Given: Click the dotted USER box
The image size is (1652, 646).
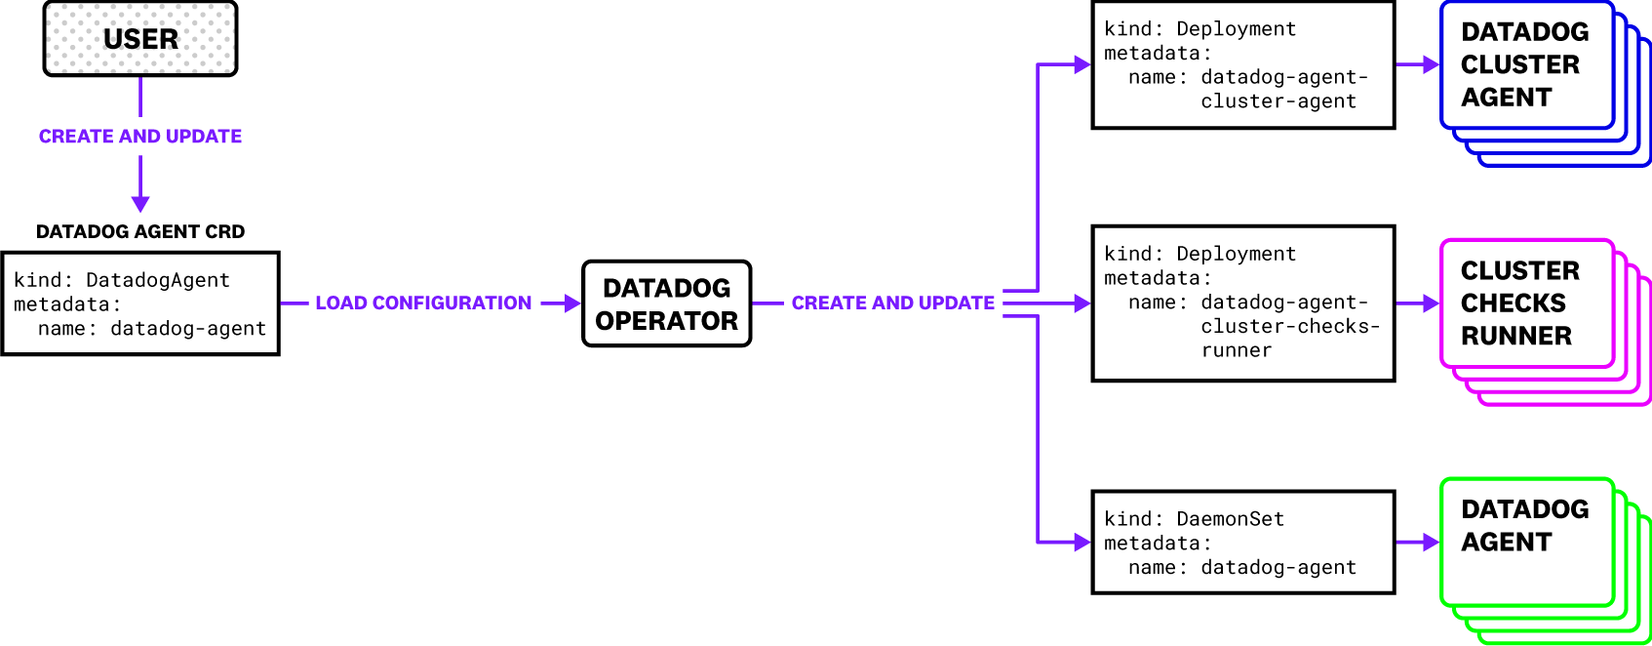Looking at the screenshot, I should click(140, 39).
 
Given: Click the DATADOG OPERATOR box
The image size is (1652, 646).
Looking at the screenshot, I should click(666, 303).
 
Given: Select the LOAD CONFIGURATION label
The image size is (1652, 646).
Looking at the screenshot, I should click(423, 303).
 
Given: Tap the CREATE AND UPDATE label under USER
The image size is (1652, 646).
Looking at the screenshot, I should click(140, 137).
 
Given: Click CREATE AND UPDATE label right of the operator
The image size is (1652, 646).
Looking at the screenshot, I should click(892, 303).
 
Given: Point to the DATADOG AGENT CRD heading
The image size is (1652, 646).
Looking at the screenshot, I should click(140, 232).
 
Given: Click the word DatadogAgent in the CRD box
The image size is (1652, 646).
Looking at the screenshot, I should click(158, 281).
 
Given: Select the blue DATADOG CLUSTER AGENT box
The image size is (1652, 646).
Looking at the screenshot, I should click(1525, 65).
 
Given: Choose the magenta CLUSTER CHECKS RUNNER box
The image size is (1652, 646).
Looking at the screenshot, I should click(1525, 303).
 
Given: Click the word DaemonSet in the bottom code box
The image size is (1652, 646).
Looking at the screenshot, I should click(1230, 519).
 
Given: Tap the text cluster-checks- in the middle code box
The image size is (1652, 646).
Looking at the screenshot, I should click(1290, 327).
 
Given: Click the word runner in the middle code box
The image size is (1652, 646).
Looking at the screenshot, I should click(1237, 351).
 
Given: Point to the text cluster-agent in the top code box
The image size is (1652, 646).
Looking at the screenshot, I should click(1278, 101).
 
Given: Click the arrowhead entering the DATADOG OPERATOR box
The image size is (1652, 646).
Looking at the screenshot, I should click(573, 303).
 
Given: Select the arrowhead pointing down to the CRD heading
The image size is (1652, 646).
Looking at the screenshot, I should click(140, 204).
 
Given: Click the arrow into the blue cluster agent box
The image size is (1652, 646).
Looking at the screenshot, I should click(1430, 65).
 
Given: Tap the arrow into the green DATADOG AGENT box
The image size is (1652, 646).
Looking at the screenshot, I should click(1430, 542).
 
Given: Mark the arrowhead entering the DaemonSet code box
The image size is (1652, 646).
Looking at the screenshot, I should click(1082, 542).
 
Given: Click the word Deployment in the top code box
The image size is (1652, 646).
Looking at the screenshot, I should click(1236, 29).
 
